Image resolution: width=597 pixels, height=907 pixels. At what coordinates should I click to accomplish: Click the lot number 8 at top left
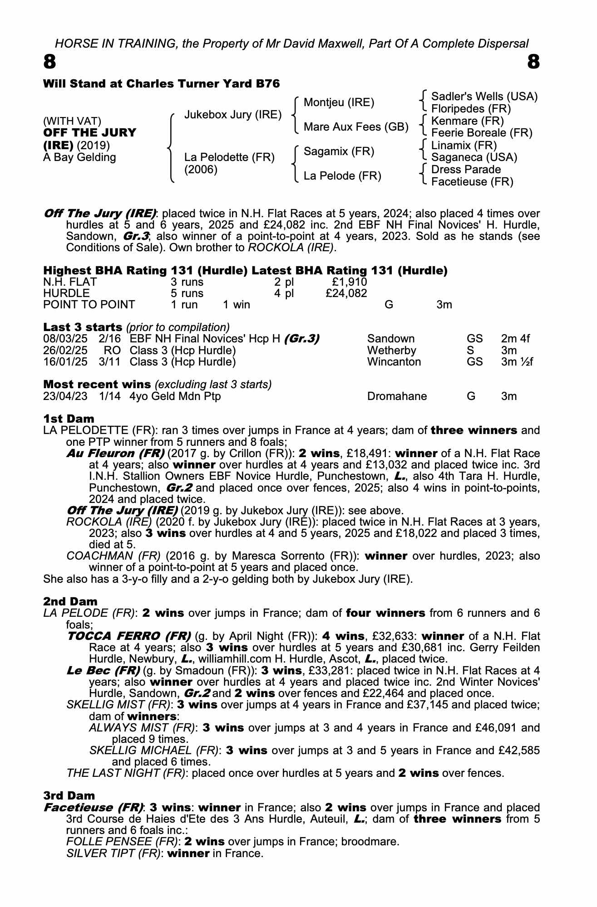click(x=49, y=62)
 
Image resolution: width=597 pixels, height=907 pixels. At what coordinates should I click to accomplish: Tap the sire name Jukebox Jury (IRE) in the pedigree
click(x=233, y=115)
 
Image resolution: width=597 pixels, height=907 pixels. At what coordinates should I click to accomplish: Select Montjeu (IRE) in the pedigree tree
click(x=339, y=102)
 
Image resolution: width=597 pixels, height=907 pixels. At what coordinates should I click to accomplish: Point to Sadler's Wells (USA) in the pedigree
click(x=484, y=97)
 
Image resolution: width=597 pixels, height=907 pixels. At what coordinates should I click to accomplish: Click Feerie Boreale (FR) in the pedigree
click(x=481, y=133)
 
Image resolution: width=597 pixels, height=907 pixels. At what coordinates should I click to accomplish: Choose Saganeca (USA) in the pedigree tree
click(x=474, y=157)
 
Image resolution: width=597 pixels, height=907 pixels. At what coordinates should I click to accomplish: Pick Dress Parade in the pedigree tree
click(x=466, y=170)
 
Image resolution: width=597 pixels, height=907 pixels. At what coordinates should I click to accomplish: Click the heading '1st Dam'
click(x=69, y=419)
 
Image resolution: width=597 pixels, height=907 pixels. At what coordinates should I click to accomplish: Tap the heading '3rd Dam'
click(x=69, y=795)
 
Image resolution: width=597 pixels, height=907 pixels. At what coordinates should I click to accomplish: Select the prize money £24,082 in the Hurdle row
click(x=346, y=293)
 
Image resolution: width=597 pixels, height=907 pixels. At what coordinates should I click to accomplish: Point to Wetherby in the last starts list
click(x=391, y=351)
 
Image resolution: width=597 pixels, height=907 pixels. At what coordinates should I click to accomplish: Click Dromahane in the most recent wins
click(x=397, y=396)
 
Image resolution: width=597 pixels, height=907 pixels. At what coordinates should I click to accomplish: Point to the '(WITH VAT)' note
click(x=72, y=121)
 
